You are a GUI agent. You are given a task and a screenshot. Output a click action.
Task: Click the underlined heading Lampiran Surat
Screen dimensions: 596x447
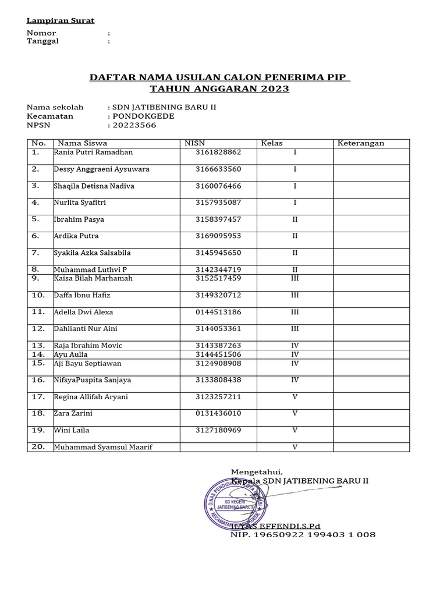(61, 20)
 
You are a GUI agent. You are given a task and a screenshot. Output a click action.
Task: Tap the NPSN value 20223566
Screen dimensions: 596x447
(134, 125)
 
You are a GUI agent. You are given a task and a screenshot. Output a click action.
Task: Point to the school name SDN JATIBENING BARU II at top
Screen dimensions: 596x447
(164, 107)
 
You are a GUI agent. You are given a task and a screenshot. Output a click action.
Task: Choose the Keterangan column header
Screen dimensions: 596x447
(361, 143)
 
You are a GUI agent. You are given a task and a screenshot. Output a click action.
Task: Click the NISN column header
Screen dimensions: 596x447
(195, 143)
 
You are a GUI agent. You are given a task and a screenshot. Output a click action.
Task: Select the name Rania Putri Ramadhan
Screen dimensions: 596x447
(93, 152)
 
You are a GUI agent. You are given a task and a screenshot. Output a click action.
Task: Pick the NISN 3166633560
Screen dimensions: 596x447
(218, 169)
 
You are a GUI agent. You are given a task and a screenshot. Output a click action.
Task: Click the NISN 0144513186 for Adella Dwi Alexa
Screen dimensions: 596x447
(218, 313)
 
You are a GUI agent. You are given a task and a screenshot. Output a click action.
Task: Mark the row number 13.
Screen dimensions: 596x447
(38, 346)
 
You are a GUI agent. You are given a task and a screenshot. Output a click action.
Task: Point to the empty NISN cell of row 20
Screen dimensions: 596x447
(218, 447)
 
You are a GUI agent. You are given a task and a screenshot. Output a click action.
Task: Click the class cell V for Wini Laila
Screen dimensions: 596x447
(295, 431)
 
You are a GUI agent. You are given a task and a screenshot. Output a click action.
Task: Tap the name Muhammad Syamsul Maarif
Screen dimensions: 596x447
(107, 448)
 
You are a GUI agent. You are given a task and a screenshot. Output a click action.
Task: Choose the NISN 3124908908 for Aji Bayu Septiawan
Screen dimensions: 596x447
(218, 363)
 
